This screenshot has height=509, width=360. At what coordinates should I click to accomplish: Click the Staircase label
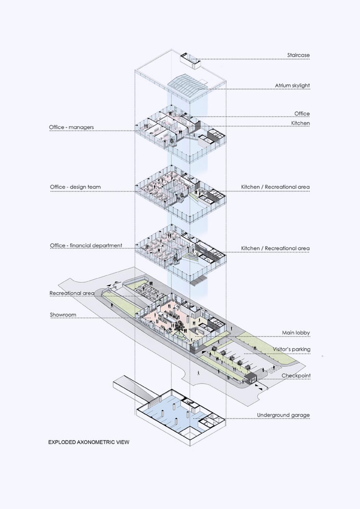pyautogui.click(x=298, y=55)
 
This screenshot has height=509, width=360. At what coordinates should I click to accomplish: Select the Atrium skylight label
pyautogui.click(x=292, y=85)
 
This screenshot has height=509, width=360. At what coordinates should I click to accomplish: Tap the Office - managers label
pyautogui.click(x=71, y=127)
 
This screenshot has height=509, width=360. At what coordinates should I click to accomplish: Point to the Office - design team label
pyautogui.click(x=75, y=187)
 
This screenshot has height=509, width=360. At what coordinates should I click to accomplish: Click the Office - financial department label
pyautogui.click(x=86, y=245)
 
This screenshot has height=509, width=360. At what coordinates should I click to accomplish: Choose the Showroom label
pyautogui.click(x=63, y=315)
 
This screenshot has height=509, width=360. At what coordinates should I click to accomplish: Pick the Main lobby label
pyautogui.click(x=296, y=333)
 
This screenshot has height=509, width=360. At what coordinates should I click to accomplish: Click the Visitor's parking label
pyautogui.click(x=291, y=349)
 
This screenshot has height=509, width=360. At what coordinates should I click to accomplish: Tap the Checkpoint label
pyautogui.click(x=296, y=376)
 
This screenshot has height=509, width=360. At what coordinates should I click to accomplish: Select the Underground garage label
pyautogui.click(x=283, y=415)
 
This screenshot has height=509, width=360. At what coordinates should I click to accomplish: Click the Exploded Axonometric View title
pyautogui.click(x=89, y=442)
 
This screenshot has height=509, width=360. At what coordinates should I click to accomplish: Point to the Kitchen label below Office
pyautogui.click(x=300, y=123)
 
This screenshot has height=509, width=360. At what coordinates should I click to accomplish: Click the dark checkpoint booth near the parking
pyautogui.click(x=250, y=378)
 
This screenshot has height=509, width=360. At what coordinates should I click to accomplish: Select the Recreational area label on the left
pyautogui.click(x=72, y=293)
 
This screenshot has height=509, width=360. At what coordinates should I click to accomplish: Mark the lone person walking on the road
pyautogui.click(x=198, y=373)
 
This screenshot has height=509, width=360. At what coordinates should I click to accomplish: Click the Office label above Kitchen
pyautogui.click(x=302, y=113)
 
